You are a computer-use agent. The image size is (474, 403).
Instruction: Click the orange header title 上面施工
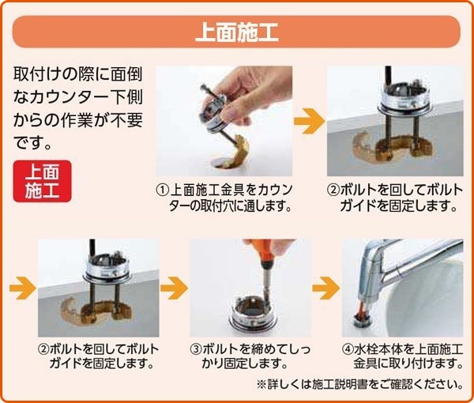click(237, 32)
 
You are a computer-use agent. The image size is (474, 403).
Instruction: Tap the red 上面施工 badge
click(43, 181)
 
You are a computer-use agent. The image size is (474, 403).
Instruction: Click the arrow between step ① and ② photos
click(310, 121)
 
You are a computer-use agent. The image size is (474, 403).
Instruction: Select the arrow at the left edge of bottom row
click(23, 288)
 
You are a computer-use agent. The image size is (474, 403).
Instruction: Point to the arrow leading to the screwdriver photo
click(174, 288)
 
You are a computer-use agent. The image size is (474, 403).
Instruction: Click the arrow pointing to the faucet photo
click(326, 288)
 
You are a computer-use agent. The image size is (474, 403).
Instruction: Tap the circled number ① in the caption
click(163, 190)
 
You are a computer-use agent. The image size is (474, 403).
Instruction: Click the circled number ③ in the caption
click(196, 349)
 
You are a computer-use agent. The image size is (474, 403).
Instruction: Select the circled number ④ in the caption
click(348, 349)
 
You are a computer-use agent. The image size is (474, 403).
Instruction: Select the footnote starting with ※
click(359, 385)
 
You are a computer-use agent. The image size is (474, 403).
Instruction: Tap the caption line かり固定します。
click(244, 363)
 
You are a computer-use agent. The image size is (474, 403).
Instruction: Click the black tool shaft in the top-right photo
click(388, 79)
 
